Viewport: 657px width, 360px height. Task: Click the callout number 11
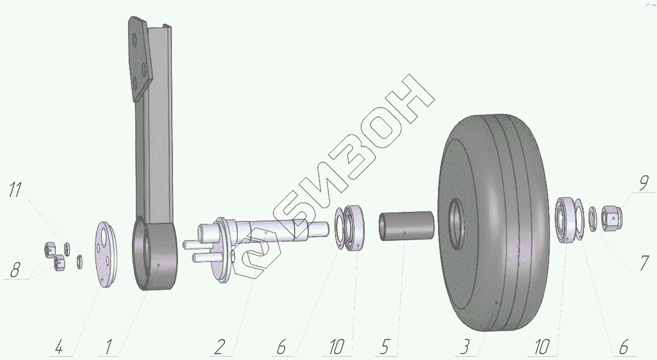(15, 190)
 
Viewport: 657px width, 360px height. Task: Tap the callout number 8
(15, 270)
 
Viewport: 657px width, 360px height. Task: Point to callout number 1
(108, 347)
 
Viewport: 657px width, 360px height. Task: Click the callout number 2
(220, 347)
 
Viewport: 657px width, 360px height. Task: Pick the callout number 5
(384, 347)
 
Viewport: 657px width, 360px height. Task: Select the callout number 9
(643, 183)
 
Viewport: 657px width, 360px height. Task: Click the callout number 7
(644, 263)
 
